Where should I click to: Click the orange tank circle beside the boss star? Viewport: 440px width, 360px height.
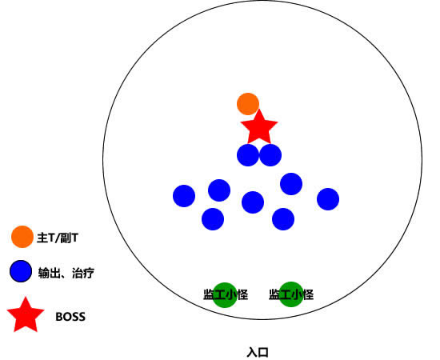pos(248,104)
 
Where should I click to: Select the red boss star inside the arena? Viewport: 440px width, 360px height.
pos(259,128)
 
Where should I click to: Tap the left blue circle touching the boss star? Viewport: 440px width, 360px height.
pos(248,155)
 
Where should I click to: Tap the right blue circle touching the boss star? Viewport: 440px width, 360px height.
pos(270,155)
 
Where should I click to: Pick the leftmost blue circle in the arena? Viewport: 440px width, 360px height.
pos(184,196)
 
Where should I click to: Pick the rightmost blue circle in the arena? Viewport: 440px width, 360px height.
pos(328,199)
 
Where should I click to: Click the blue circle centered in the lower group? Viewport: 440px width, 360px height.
pos(253,202)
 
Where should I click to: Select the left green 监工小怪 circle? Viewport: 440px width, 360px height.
pos(225,295)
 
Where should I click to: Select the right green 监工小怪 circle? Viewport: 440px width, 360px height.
pos(291,294)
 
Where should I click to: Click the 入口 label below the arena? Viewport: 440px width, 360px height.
pos(258,353)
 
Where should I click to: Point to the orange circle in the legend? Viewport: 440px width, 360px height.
pos(22,237)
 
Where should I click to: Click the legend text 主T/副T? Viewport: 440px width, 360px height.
pos(58,238)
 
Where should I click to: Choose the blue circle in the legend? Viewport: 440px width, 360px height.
pos(21,271)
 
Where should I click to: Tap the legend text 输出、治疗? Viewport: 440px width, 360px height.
pos(66,273)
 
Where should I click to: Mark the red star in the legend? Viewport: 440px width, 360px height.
pos(26,315)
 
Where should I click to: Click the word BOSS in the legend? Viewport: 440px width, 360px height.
pos(70,317)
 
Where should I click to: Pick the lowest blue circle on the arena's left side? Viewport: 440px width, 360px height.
pos(213,219)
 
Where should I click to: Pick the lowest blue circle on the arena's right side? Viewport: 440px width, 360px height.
pos(283,219)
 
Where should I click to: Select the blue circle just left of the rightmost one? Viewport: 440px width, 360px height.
pos(291,184)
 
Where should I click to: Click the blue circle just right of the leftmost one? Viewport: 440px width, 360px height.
pos(219,190)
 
